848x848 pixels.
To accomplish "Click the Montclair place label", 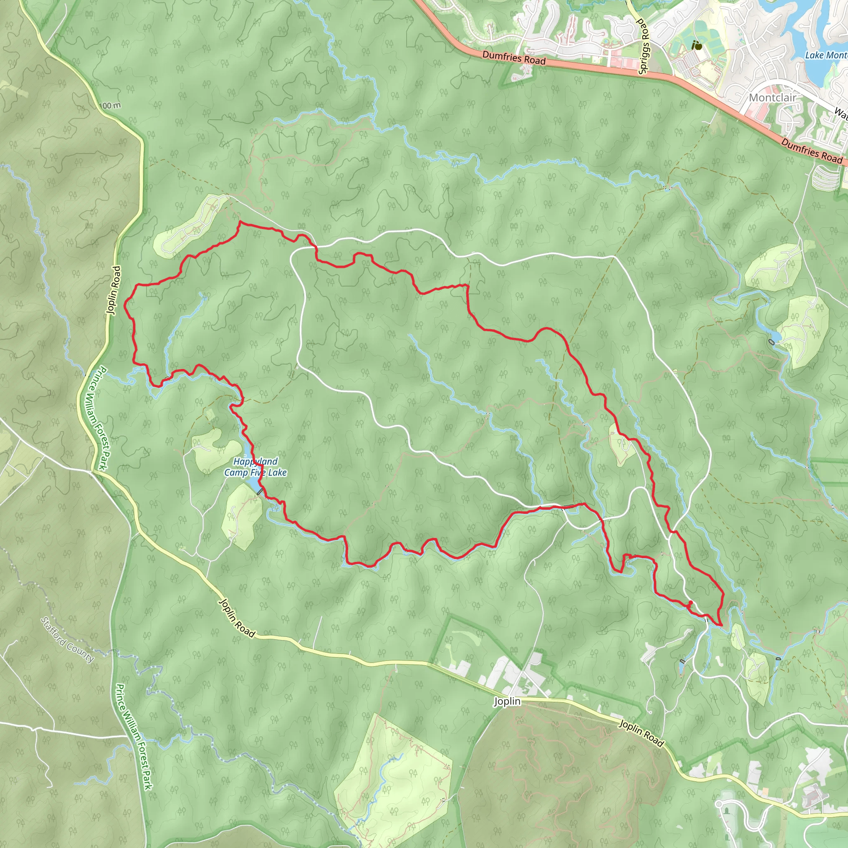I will click(x=772, y=97).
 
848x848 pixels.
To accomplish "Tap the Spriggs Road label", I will click(x=643, y=46).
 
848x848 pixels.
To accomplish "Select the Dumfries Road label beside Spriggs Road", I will click(x=513, y=58).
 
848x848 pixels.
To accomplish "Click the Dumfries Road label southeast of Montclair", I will click(x=812, y=151).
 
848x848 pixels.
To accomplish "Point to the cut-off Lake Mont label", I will click(x=826, y=55).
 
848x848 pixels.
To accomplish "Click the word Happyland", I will click(x=255, y=461).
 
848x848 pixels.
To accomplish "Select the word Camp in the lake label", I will click(x=236, y=473).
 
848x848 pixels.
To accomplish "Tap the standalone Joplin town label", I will click(x=507, y=701).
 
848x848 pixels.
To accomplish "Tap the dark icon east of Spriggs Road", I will click(x=696, y=45).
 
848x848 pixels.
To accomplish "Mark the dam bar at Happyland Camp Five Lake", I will click(x=260, y=492).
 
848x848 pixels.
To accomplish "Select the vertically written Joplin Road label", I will click(x=113, y=290).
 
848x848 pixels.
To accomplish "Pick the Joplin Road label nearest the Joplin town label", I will click(x=641, y=732).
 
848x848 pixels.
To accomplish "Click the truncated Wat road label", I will click(x=841, y=113).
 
